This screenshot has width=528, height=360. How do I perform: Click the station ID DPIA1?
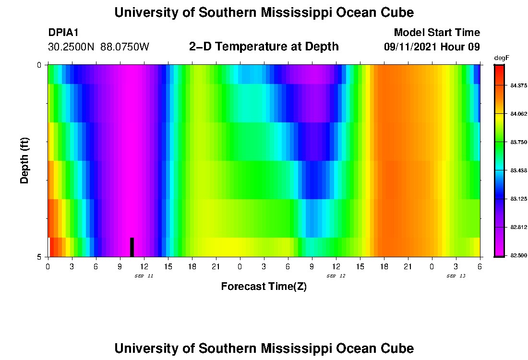coord(63,33)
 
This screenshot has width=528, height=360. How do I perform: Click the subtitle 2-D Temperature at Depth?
coord(264,47)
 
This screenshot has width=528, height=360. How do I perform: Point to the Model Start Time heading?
coord(437,33)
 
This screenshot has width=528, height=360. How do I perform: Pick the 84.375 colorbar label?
coord(519,85)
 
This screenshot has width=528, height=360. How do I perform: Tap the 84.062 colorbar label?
coord(519,114)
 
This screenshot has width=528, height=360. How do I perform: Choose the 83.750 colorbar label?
coord(519,142)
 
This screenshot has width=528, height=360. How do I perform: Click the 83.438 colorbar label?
coord(519,170)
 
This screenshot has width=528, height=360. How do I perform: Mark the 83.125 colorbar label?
coord(519,199)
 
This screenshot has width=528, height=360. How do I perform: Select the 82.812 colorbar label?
coord(519,227)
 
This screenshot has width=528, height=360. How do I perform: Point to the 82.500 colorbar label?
coord(519,255)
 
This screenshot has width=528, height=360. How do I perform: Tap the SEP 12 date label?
coord(336,276)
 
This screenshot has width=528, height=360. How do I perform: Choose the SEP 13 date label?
coord(456,276)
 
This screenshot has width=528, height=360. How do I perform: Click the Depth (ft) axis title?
coord(25,161)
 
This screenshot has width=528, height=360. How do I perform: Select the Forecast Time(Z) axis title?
coord(264,287)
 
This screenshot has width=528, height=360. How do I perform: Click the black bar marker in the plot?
coord(132,247)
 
